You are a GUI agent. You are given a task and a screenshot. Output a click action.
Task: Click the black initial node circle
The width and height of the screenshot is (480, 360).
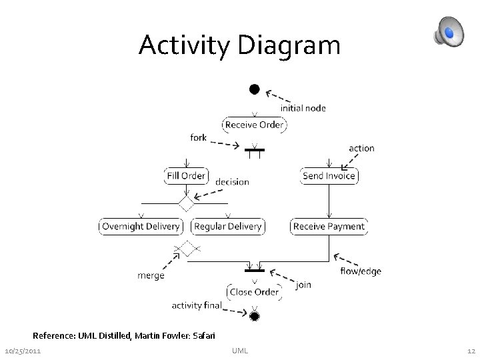coord(254,89)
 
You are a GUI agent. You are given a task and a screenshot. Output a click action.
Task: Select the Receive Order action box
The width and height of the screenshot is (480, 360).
coord(254,125)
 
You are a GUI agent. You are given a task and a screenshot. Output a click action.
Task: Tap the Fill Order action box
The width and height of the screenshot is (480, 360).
coord(186,176)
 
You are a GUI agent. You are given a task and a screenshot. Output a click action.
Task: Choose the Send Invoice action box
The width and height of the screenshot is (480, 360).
coord(329,176)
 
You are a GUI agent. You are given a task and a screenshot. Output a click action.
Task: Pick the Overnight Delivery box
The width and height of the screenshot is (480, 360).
coord(141,227)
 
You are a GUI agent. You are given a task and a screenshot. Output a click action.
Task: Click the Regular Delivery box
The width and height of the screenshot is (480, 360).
coord(227,227)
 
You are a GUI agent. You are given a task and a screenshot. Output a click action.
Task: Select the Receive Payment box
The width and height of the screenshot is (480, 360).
coord(329,227)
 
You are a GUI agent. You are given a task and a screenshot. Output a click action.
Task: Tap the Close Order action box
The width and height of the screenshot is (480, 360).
coord(254,291)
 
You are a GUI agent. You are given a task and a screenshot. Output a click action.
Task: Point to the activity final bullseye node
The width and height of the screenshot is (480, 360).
coord(254,315)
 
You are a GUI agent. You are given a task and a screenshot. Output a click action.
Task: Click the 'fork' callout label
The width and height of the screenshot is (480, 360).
coord(199,138)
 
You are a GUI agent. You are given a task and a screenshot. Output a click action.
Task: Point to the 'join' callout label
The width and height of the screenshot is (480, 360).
coord(304,285)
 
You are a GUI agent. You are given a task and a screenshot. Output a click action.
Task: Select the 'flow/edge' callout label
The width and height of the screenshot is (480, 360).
coord(361,271)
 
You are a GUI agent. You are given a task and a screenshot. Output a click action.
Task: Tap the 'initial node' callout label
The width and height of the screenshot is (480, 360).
coord(303,108)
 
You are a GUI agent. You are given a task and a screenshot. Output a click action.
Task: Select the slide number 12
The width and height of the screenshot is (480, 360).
coord(471,351)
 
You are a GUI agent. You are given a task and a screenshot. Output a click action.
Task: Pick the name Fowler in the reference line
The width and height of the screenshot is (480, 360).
coord(176,335)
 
